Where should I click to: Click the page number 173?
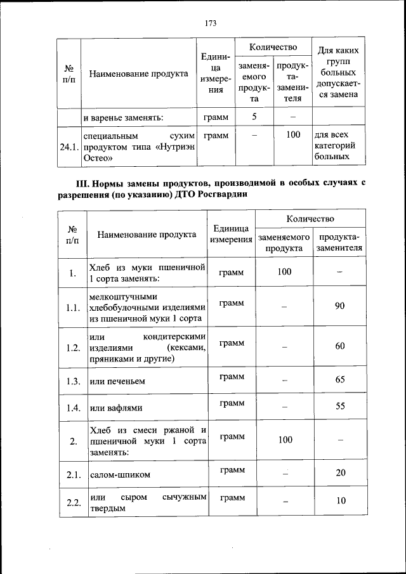(x=211, y=23)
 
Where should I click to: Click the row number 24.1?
(x=69, y=147)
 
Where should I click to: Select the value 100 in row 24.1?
(x=292, y=135)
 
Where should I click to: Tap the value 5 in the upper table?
(x=254, y=117)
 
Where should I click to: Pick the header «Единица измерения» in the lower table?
(x=232, y=234)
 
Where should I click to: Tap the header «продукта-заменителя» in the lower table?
(x=340, y=242)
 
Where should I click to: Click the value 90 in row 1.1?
(x=340, y=306)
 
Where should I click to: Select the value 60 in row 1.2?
(x=340, y=346)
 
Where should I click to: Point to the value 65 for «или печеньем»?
(x=340, y=381)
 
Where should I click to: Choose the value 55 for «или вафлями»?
(x=340, y=407)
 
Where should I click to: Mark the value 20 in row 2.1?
(x=341, y=473)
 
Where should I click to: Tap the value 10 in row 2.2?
(x=341, y=501)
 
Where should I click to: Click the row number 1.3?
(x=73, y=381)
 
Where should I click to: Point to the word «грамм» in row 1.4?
(x=232, y=403)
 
